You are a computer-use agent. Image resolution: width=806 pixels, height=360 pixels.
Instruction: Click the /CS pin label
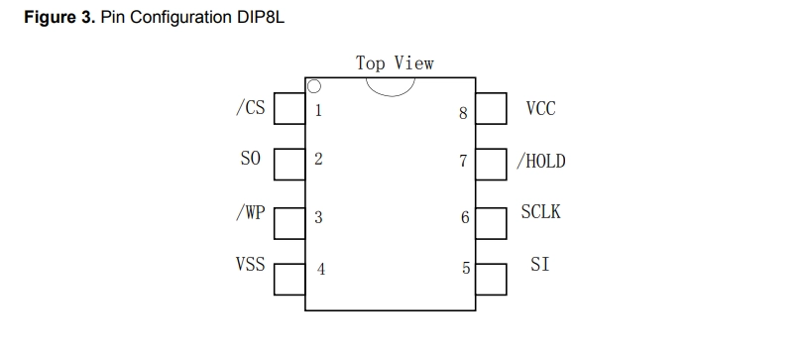tap(251, 108)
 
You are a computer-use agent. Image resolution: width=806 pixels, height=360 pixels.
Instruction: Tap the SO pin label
tap(251, 159)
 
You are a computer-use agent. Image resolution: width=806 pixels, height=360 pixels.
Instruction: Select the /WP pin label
tap(251, 212)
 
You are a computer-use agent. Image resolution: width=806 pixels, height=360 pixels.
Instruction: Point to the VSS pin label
tap(251, 264)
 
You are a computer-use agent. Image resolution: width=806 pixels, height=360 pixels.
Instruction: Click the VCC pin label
tap(540, 108)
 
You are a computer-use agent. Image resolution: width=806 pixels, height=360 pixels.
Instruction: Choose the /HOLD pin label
tap(540, 161)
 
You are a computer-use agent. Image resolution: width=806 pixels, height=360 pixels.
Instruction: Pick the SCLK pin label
tap(540, 211)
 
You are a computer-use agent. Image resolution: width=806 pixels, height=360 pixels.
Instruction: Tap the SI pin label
tap(539, 265)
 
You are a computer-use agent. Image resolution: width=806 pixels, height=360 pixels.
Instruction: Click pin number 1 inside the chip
tap(318, 110)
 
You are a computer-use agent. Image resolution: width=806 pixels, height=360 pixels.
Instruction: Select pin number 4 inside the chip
tap(321, 269)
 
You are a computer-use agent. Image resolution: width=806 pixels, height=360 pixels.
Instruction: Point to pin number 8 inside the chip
tap(463, 113)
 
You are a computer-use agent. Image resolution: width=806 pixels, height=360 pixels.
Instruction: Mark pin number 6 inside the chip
tap(465, 217)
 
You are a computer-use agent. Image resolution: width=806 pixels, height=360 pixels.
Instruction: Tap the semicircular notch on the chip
tap(391, 96)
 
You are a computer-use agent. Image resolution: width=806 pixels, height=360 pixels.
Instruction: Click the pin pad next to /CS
tap(289, 108)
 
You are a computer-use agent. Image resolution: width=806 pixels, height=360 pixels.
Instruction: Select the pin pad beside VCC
tap(491, 108)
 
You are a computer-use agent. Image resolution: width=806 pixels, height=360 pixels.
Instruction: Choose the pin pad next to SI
tap(491, 280)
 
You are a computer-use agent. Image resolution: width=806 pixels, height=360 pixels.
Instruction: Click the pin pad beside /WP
tap(289, 223)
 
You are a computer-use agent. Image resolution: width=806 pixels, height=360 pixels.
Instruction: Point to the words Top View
tap(395, 63)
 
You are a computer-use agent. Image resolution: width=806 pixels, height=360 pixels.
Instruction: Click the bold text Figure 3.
tap(60, 18)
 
